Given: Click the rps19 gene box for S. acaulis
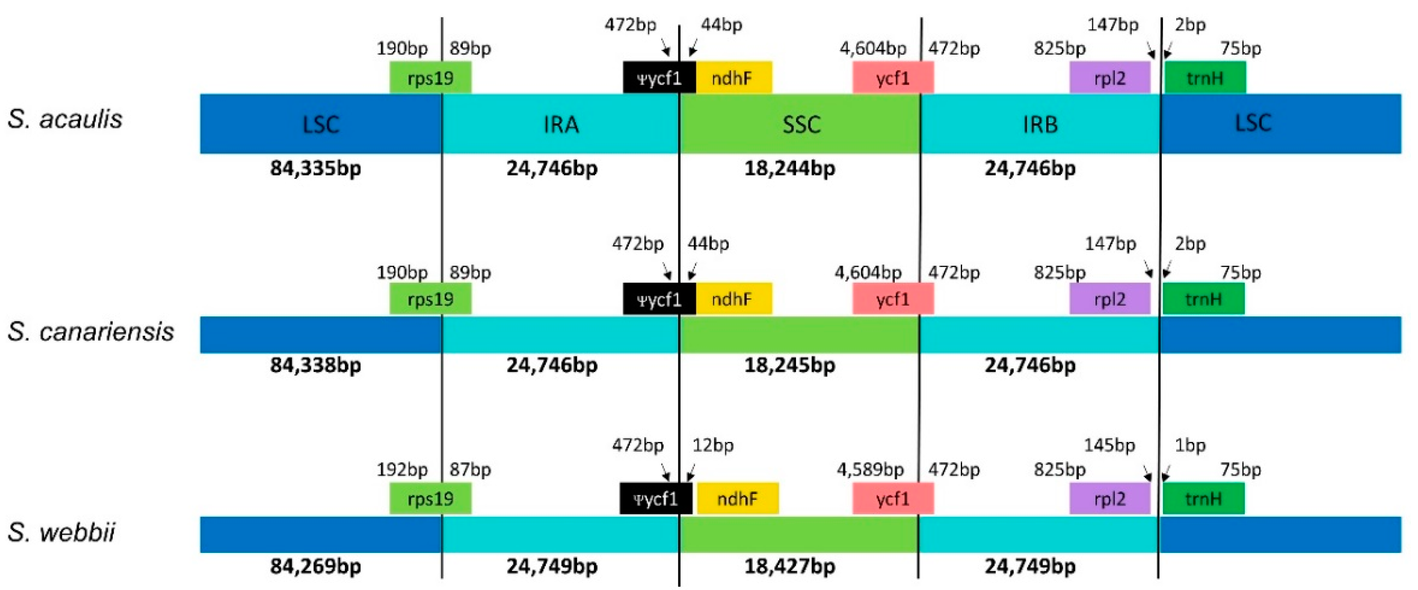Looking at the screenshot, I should tap(430, 78).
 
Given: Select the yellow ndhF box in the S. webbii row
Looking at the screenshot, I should tap(737, 499).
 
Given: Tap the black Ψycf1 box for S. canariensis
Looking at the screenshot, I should tap(659, 299).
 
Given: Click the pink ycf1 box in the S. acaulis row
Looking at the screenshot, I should tap(892, 78).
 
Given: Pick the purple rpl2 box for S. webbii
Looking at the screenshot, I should tap(1109, 499).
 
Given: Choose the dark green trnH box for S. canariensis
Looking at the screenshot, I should tap(1203, 299).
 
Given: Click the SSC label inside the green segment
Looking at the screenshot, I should tap(801, 124).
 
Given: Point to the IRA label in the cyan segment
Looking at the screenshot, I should tap(561, 124).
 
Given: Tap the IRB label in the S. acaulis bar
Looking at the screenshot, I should tap(1040, 124).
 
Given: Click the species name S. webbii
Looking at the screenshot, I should tap(62, 532).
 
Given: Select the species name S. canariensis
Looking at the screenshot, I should tap(91, 331).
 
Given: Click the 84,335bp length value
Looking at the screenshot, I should tap(315, 168).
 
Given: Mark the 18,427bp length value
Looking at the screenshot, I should tap(789, 566).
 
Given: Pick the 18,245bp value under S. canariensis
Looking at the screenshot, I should tap(789, 365).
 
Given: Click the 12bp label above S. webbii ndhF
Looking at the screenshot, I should tap(713, 445).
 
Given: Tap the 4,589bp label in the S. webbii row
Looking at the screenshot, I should tap(870, 469).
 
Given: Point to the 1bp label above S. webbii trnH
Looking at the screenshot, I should tap(1190, 445).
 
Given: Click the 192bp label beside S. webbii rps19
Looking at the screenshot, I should tap(402, 469).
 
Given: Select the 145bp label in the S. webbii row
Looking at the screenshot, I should tap(1109, 445).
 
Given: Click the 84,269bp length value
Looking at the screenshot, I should tap(315, 566).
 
